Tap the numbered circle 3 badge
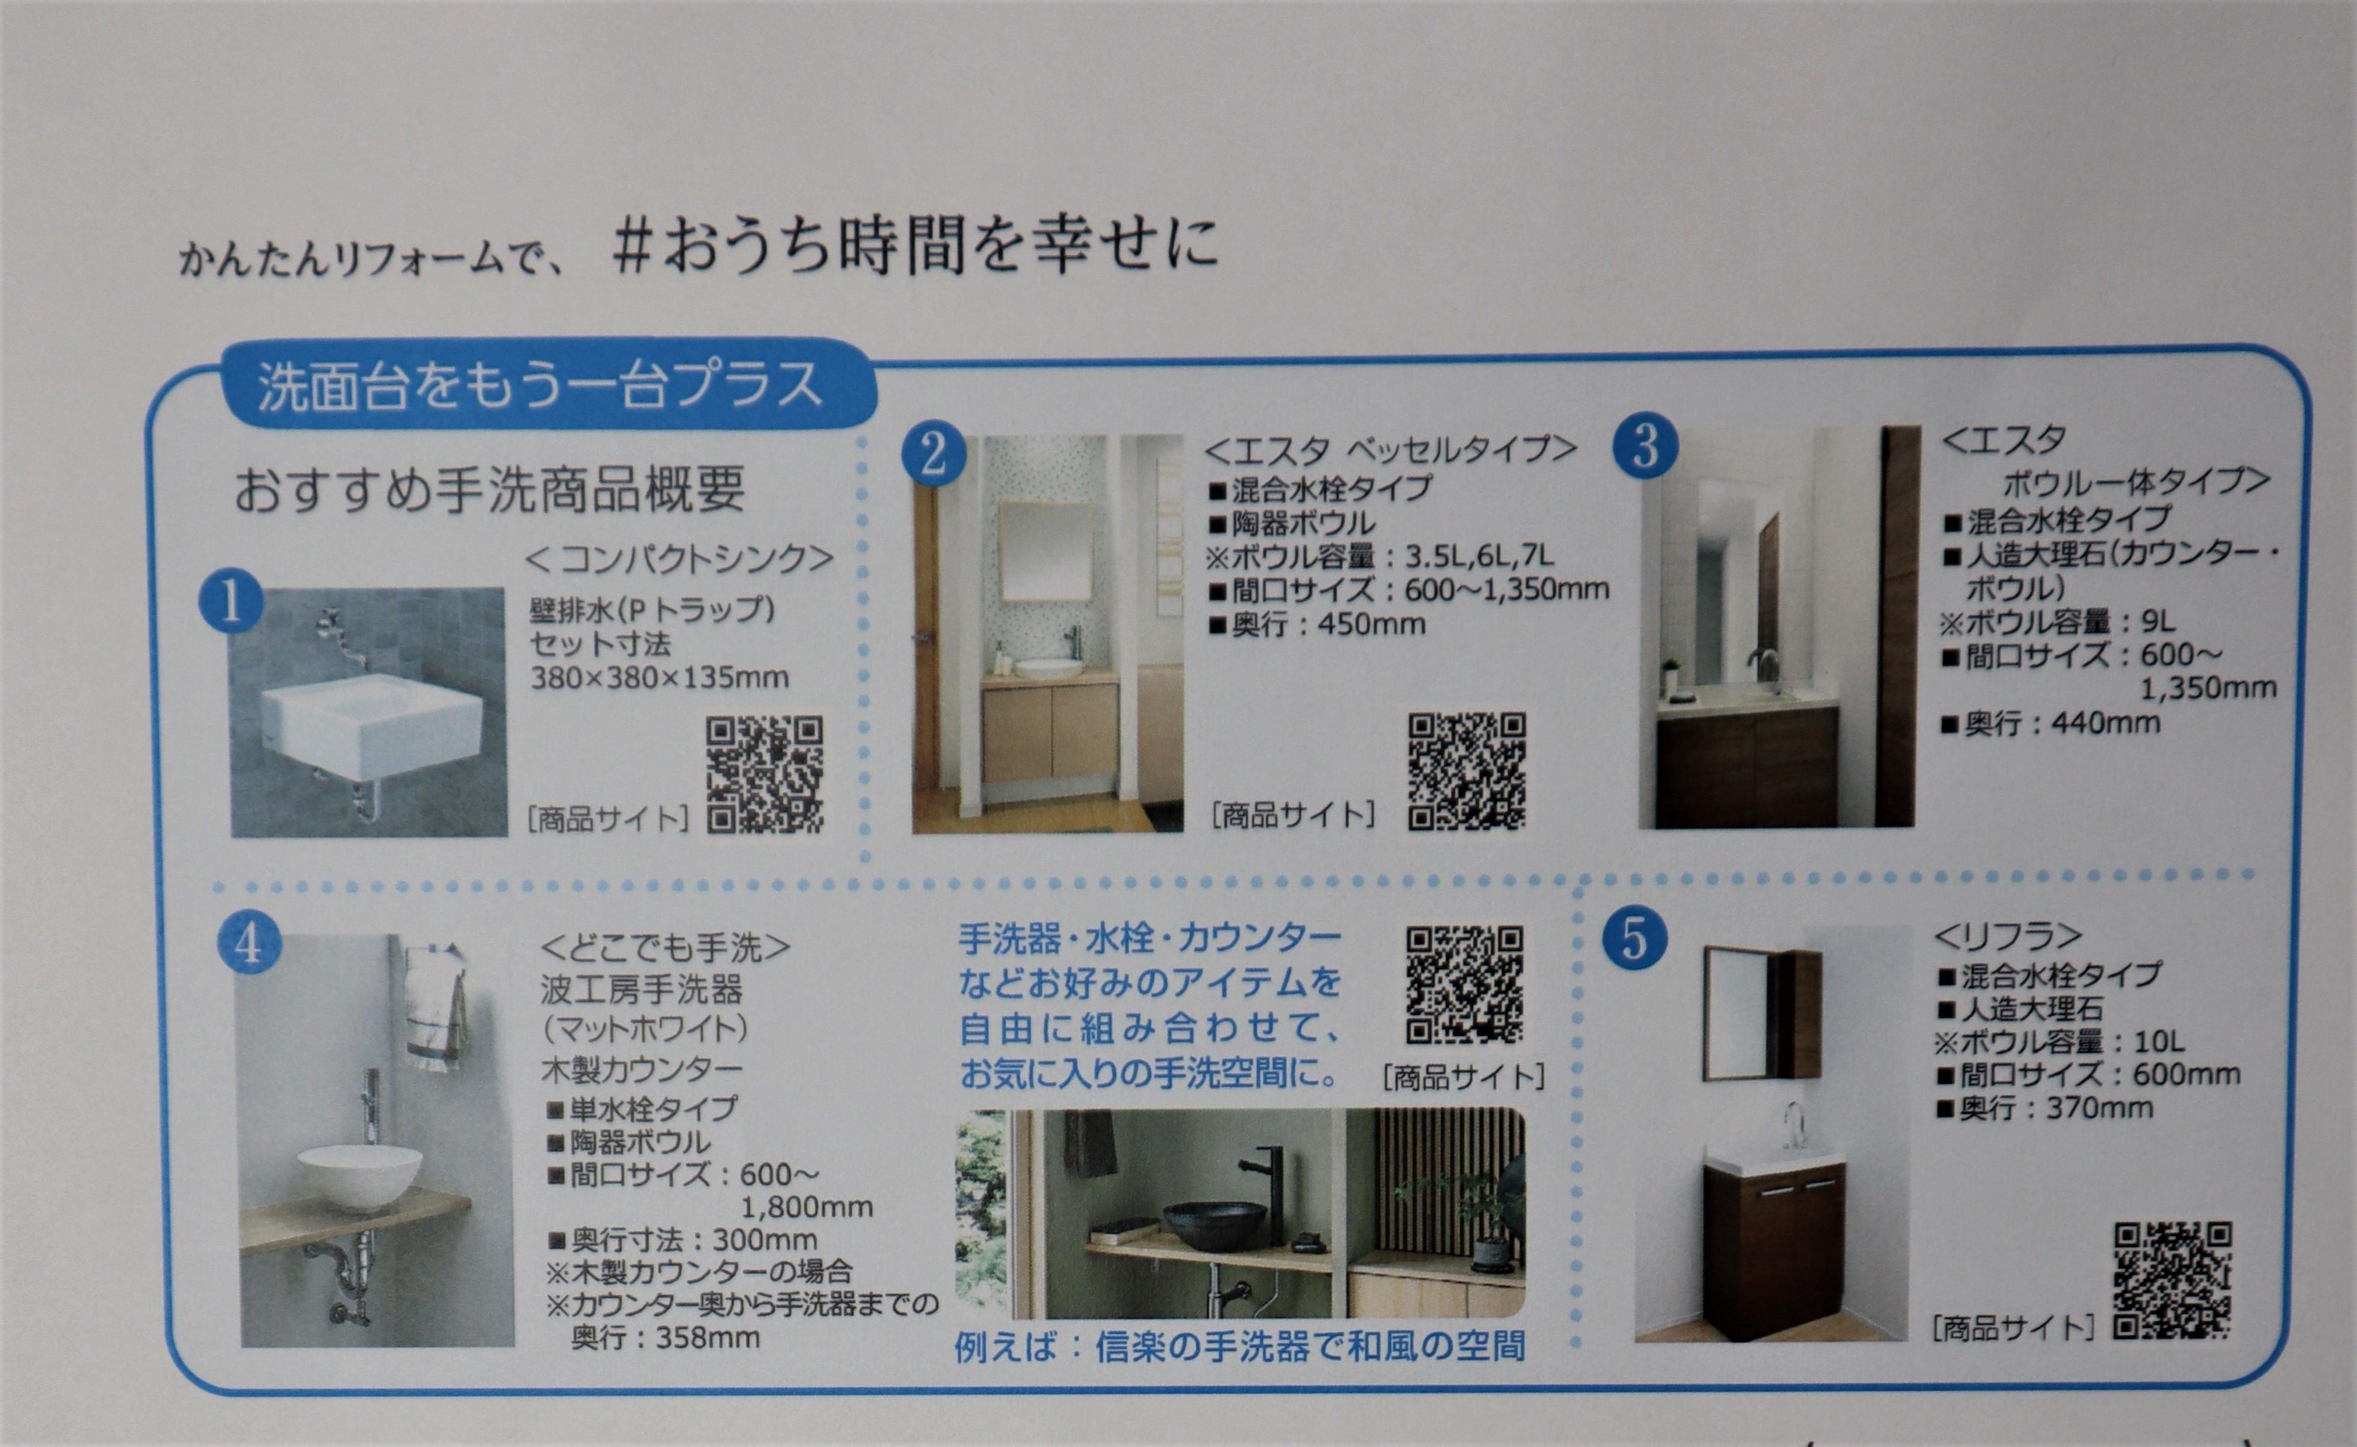1645,446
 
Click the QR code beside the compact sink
764,774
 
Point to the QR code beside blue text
1464,984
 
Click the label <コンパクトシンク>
679,559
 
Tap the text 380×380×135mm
660,677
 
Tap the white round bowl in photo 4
359,1177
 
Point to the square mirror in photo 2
1046,551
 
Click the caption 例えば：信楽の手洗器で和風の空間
1239,1346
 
